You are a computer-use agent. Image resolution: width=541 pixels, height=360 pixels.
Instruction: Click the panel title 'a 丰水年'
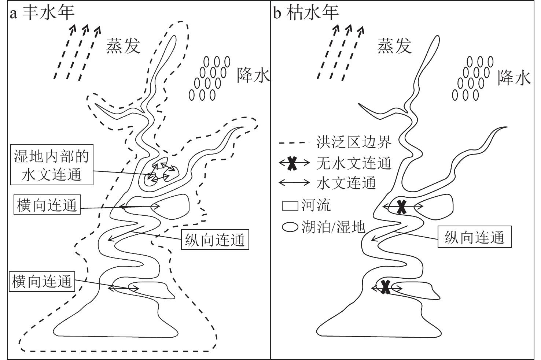click(x=42, y=13)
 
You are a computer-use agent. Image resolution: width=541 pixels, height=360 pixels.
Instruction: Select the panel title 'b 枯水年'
click(x=306, y=13)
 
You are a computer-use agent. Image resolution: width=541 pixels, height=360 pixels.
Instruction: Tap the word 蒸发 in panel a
click(x=123, y=46)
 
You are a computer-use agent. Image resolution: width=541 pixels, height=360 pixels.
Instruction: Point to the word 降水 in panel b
click(x=514, y=78)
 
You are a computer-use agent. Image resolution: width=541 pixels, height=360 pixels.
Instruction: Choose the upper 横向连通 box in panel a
click(x=47, y=205)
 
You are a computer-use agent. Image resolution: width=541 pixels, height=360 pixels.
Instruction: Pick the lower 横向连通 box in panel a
click(x=42, y=282)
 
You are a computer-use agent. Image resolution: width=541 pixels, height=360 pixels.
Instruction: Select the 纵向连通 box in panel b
click(x=475, y=237)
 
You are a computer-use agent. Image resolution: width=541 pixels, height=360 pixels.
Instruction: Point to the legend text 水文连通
click(x=346, y=183)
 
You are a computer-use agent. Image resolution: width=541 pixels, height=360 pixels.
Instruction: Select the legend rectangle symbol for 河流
click(x=290, y=206)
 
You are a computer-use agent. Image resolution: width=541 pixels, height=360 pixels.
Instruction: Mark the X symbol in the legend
click(x=292, y=163)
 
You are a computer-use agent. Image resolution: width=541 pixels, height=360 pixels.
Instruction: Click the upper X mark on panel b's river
click(x=402, y=207)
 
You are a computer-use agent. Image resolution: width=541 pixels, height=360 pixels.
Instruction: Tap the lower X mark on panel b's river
click(x=385, y=287)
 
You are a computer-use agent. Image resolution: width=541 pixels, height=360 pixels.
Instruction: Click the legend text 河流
click(x=316, y=206)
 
